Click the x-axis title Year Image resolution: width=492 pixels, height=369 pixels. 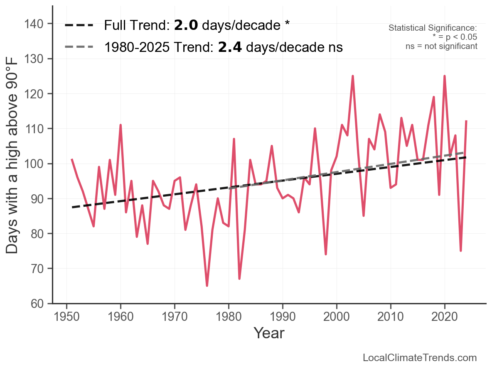click(x=269, y=333)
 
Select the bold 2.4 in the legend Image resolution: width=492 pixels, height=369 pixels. click(x=230, y=47)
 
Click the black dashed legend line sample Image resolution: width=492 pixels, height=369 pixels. click(x=79, y=26)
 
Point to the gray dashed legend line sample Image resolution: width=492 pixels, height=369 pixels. click(x=79, y=47)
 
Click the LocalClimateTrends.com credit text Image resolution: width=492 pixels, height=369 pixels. click(x=420, y=358)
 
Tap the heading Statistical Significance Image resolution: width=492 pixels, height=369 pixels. click(x=433, y=28)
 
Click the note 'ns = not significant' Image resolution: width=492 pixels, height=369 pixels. click(x=441, y=46)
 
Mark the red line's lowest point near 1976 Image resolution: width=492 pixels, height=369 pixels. click(x=207, y=286)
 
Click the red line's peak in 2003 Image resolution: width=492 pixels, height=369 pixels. click(x=353, y=76)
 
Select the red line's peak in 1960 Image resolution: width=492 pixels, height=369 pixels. click(x=121, y=125)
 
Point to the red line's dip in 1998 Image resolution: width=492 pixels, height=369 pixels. click(x=326, y=254)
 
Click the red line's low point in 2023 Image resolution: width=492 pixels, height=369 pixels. click(x=461, y=251)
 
